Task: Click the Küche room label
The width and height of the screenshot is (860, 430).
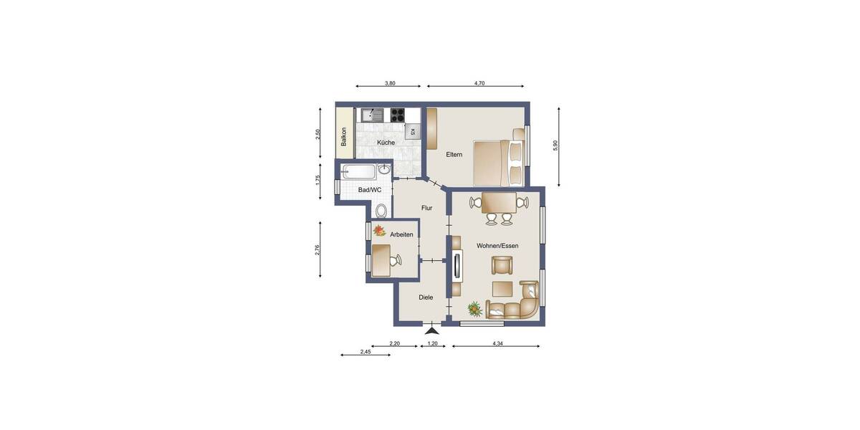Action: pyautogui.click(x=386, y=143)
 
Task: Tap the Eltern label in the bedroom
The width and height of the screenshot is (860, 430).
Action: pyautogui.click(x=454, y=154)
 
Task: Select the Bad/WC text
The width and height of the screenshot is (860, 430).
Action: pyautogui.click(x=370, y=190)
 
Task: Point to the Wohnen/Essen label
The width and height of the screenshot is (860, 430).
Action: pyautogui.click(x=497, y=246)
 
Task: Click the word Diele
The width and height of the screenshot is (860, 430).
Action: pyautogui.click(x=426, y=297)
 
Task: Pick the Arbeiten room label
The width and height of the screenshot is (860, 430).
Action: pyautogui.click(x=401, y=234)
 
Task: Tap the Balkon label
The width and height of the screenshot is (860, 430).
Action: pyautogui.click(x=344, y=137)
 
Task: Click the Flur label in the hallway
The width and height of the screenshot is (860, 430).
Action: pyautogui.click(x=426, y=208)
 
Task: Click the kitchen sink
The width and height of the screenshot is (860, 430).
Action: pyautogui.click(x=371, y=114)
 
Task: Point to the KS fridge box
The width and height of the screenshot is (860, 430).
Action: pyautogui.click(x=412, y=132)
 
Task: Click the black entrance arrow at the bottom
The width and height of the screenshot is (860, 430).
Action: pyautogui.click(x=431, y=330)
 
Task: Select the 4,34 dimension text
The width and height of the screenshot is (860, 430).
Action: pyautogui.click(x=497, y=344)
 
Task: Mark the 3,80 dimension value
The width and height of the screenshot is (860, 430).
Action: pyautogui.click(x=390, y=84)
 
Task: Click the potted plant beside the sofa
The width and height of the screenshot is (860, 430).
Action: pyautogui.click(x=474, y=309)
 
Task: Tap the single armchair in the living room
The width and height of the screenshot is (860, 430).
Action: pyautogui.click(x=502, y=265)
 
